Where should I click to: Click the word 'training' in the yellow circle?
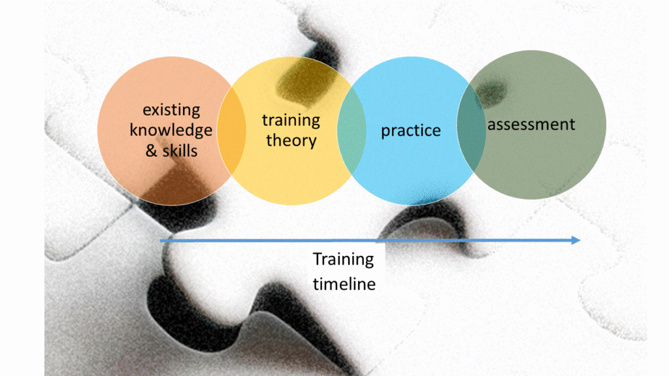[291, 120]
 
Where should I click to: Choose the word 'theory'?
[291, 140]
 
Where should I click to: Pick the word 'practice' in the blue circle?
[410, 131]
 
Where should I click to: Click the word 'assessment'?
[531, 123]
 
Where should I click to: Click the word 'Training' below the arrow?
[343, 259]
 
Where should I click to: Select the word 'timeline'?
[344, 284]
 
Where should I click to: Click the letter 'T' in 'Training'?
[318, 259]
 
